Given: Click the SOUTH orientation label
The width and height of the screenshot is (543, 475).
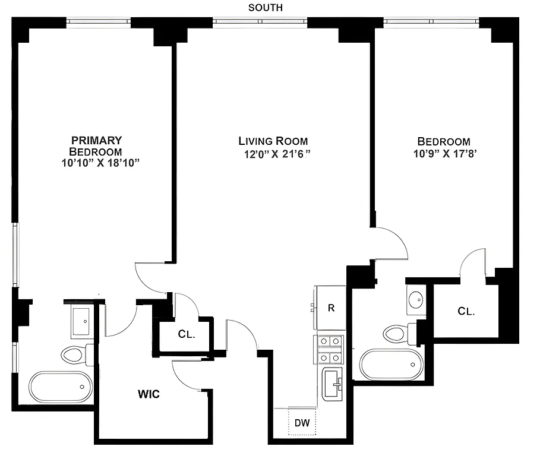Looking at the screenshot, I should (x=266, y=8).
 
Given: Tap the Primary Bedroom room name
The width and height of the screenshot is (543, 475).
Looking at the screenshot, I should (x=96, y=145).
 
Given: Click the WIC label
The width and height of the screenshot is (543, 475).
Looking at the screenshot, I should (x=149, y=394).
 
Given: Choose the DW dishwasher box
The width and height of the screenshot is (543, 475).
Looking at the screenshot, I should (x=302, y=423).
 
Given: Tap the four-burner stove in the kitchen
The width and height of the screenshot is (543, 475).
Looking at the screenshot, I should (x=329, y=350).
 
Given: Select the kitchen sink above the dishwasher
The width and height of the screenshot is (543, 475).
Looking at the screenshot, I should (x=332, y=384).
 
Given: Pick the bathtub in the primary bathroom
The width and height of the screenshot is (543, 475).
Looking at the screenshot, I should (x=61, y=387).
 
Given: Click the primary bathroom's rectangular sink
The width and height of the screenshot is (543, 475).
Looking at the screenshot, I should (x=81, y=321).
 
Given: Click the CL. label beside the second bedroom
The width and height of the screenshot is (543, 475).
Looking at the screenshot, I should (x=466, y=311).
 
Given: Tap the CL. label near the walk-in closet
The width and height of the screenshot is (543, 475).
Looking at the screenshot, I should (x=187, y=334).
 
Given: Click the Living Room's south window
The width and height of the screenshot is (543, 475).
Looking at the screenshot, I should (x=260, y=23).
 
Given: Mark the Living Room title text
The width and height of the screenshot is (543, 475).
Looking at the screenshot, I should (x=273, y=141).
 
